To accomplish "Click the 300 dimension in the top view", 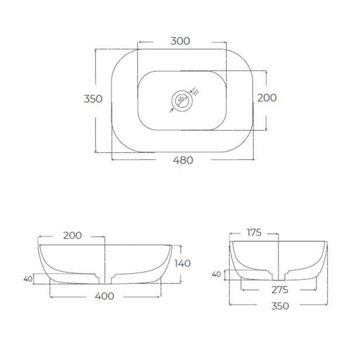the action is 180,41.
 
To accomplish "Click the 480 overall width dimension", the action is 183,160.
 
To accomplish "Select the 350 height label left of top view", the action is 93,99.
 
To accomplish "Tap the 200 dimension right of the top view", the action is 267,98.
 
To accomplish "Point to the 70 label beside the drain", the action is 196,93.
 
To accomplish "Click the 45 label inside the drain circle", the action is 181,99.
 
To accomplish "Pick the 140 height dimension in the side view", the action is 183,263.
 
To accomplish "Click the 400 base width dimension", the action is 104,296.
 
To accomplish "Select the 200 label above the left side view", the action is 72,235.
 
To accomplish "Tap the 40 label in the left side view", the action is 28,279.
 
